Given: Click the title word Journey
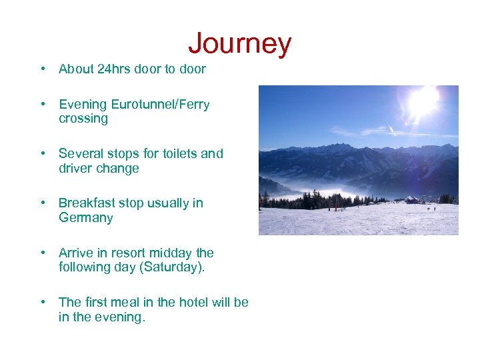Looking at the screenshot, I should tap(239, 43).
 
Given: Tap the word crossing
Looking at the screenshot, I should tap(83, 119).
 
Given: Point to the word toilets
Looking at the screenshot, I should tap(177, 154).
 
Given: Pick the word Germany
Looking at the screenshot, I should tap(85, 218).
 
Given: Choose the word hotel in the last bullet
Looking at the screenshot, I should tap(192, 302).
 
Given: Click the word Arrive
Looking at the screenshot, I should tap(76, 253).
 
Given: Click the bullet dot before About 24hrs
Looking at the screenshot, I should tap(43, 69).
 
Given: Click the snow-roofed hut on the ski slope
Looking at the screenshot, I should tap(413, 199).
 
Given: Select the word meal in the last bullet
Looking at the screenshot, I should tap(133, 302).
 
